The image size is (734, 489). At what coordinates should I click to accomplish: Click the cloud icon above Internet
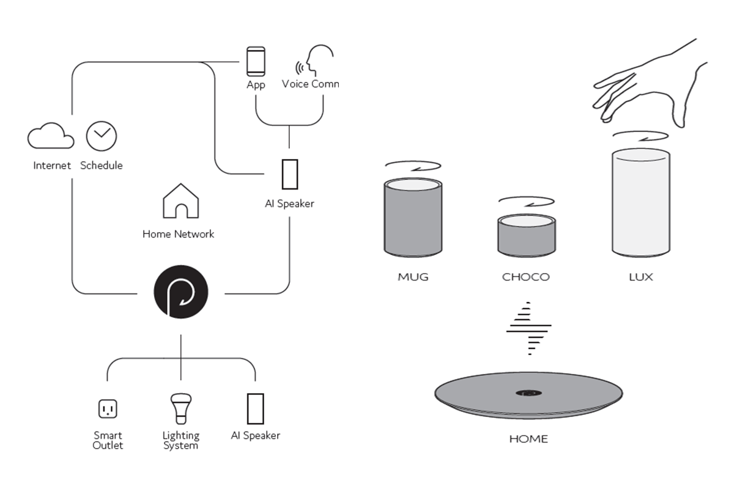(x=51, y=136)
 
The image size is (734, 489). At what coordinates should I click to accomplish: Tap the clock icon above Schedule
(x=102, y=136)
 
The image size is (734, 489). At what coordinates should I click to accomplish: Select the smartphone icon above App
(x=256, y=62)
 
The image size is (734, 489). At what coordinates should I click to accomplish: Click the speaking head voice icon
(x=314, y=61)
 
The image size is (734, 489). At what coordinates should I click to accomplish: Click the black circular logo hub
(x=181, y=292)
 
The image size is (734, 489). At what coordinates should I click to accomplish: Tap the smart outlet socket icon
(x=108, y=409)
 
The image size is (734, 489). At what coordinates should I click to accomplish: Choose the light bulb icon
(x=181, y=409)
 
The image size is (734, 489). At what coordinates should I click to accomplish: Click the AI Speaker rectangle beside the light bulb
(x=255, y=409)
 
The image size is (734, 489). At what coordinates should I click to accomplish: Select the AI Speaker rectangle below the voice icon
(x=290, y=174)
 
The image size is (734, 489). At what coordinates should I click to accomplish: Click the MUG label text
(x=413, y=277)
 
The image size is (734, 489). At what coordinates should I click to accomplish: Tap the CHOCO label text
(x=526, y=277)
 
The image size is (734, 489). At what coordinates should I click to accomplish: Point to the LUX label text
(x=641, y=277)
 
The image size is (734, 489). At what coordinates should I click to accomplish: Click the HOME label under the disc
(x=528, y=439)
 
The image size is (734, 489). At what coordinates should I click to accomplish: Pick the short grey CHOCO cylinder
(x=527, y=235)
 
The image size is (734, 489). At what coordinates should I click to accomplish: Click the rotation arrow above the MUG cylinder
(x=413, y=166)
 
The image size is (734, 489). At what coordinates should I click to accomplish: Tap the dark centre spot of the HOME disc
(x=528, y=392)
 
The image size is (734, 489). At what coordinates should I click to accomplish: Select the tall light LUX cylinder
(x=641, y=202)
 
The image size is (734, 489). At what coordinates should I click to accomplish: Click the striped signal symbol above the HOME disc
(x=528, y=328)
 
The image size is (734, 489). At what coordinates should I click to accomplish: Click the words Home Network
(x=178, y=234)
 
